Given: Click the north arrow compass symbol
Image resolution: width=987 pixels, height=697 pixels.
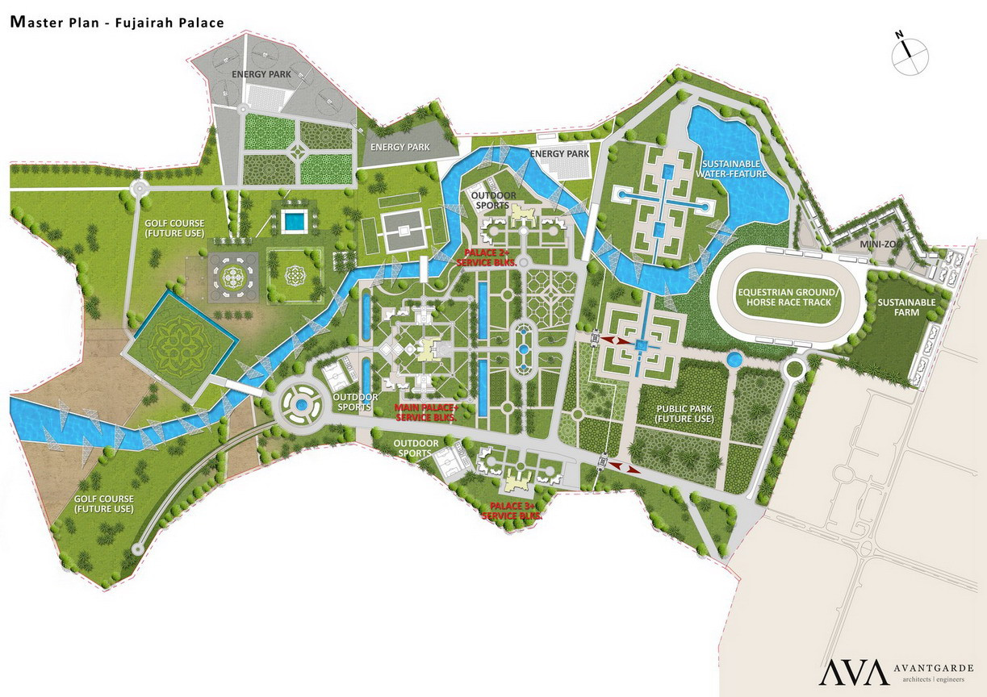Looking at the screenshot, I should pyautogui.click(x=910, y=56).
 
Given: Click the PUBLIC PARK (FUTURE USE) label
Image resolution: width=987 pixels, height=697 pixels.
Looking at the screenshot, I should pyautogui.click(x=684, y=413).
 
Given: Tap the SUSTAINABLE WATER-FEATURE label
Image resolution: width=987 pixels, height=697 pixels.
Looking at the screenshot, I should pyautogui.click(x=734, y=168).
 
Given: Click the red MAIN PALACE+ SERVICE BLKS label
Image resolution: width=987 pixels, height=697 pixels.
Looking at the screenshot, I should pyautogui.click(x=425, y=412).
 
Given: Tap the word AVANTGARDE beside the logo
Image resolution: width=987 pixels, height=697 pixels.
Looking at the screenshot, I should pyautogui.click(x=934, y=668).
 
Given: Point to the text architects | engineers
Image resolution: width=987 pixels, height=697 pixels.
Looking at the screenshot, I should pyautogui.click(x=933, y=681).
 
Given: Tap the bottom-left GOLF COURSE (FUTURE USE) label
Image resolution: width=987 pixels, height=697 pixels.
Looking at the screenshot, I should pyautogui.click(x=104, y=504).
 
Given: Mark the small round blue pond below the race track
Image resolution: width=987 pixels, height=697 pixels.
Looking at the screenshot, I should pyautogui.click(x=734, y=358).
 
